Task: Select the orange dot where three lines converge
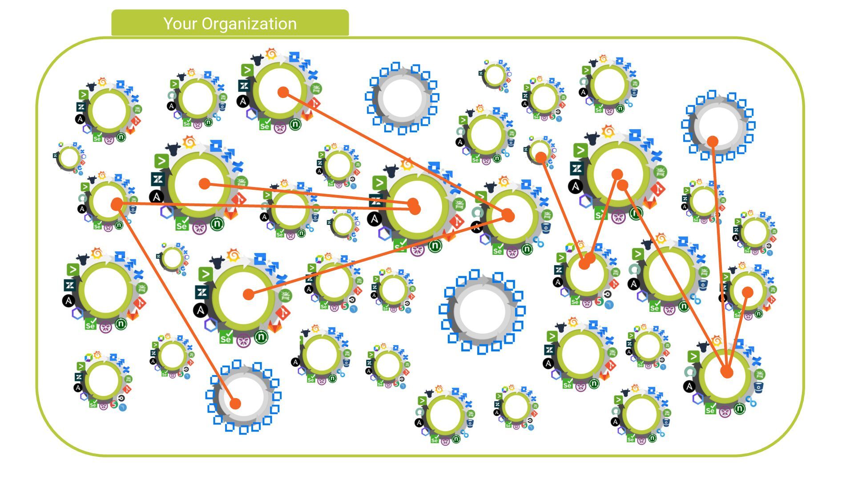pos(726,372)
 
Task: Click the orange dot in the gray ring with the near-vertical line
pos(713,142)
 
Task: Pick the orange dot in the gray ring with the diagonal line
pos(235,404)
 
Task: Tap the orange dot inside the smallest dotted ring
pos(541,157)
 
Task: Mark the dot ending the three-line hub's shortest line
pos(748,292)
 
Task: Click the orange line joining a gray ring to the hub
pos(719,256)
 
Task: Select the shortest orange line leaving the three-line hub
pos(737,332)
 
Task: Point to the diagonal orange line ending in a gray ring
pos(176,304)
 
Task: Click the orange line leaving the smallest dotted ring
pos(562,210)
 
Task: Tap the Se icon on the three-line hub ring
pos(710,409)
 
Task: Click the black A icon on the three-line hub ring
pos(689,387)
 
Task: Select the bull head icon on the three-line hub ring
pos(703,346)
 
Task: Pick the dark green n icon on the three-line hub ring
pos(739,408)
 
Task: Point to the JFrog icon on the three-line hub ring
pos(760,374)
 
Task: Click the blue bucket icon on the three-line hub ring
pos(759,387)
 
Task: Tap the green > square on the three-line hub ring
pos(693,357)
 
